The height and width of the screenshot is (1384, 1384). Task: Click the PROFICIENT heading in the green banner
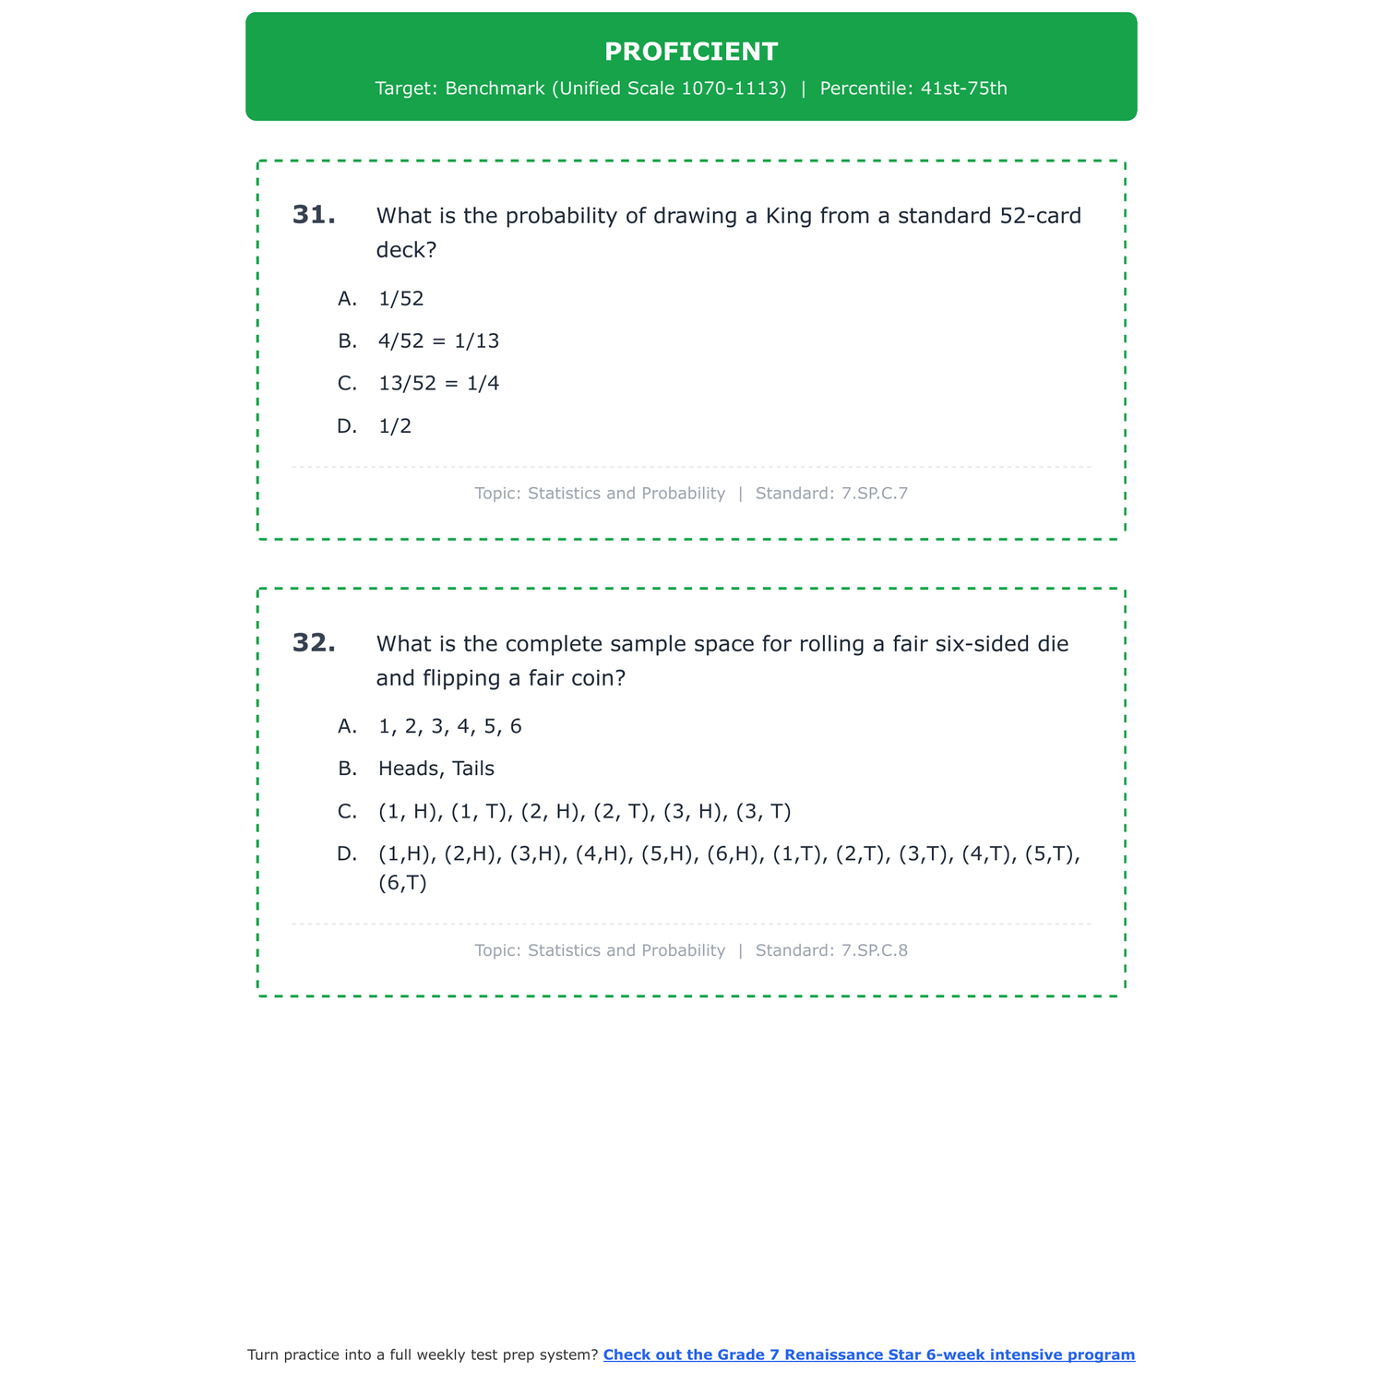[691, 52]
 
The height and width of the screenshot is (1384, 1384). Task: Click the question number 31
[314, 215]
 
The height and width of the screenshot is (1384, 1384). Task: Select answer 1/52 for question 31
[400, 299]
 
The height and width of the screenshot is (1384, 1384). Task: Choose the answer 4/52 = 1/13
[438, 341]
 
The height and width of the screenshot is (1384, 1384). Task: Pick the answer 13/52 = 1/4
[438, 384]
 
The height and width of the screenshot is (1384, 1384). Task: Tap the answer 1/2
[395, 426]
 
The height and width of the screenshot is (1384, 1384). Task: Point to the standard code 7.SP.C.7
[875, 494]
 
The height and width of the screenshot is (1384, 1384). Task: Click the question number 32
[314, 643]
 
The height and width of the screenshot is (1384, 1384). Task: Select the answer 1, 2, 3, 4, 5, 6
[449, 727]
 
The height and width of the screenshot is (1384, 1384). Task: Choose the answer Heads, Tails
[435, 770]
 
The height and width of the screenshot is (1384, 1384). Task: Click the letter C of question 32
[347, 812]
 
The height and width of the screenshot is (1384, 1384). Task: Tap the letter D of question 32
[347, 854]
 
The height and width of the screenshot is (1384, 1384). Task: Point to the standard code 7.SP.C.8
[875, 950]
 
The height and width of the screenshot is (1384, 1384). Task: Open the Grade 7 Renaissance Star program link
[868, 1354]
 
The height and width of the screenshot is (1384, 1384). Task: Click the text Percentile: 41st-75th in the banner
[913, 89]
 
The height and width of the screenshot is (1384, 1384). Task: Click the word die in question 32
[1052, 644]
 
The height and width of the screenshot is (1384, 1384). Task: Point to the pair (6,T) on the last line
[402, 884]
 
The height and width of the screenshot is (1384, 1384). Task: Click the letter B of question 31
[347, 341]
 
